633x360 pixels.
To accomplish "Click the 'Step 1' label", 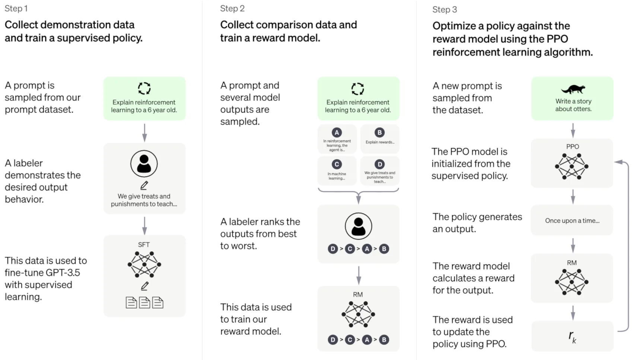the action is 16,9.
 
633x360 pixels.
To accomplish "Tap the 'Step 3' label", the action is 445,10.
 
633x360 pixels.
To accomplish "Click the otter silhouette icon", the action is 573,89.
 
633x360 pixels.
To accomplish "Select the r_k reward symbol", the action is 573,337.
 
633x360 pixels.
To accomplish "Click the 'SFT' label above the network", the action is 144,245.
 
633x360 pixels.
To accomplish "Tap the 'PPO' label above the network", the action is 573,147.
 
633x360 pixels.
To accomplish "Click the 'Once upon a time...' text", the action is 572,221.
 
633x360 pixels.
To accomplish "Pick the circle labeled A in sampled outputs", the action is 337,133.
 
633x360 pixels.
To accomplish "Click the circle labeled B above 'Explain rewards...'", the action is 379,133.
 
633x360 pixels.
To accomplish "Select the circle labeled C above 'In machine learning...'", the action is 337,165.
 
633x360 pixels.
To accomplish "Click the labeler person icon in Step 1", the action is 144,163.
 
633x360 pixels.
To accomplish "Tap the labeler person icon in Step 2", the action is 358,226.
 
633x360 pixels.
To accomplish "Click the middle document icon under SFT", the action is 144,303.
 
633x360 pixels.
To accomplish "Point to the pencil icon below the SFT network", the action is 144,286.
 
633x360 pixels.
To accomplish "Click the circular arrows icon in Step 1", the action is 144,89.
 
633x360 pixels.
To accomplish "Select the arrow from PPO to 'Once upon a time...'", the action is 573,197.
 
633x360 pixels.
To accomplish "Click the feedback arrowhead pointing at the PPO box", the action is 619,162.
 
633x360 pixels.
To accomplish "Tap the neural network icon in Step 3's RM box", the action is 572,282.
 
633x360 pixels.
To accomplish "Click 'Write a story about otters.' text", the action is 573,105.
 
